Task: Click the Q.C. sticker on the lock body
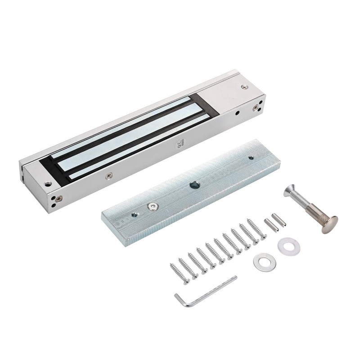click(x=180, y=146)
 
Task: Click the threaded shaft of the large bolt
click(x=301, y=202)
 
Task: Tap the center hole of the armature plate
click(x=195, y=184)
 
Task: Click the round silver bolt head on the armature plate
click(x=153, y=206)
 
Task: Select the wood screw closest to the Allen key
click(x=179, y=273)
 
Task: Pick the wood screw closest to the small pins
click(x=256, y=228)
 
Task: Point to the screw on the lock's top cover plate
click(x=244, y=87)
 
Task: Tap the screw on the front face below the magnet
click(x=108, y=175)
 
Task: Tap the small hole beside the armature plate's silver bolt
click(x=134, y=215)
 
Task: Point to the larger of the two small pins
click(x=270, y=224)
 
